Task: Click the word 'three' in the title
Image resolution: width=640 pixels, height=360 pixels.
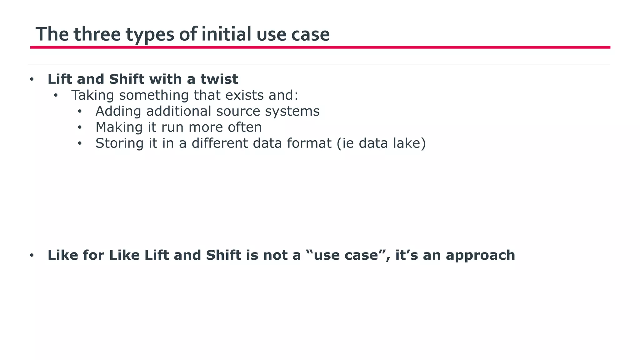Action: pyautogui.click(x=97, y=34)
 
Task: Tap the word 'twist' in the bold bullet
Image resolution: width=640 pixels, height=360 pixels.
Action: pyautogui.click(x=219, y=79)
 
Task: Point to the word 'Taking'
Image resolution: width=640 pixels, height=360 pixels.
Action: pyautogui.click(x=92, y=95)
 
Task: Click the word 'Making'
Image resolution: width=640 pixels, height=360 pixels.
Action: pyautogui.click(x=119, y=127)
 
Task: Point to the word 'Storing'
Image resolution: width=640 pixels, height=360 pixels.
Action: pyautogui.click(x=119, y=143)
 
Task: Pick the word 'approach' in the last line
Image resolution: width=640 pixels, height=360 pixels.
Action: pyautogui.click(x=480, y=255)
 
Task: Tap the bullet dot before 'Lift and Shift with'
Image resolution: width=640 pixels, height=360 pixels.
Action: pyautogui.click(x=32, y=79)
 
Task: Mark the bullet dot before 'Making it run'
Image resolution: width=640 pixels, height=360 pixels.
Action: pyautogui.click(x=80, y=127)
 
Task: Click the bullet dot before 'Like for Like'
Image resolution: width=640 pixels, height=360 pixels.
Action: pyautogui.click(x=32, y=256)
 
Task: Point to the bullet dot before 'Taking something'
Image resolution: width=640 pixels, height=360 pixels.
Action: pyautogui.click(x=56, y=95)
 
